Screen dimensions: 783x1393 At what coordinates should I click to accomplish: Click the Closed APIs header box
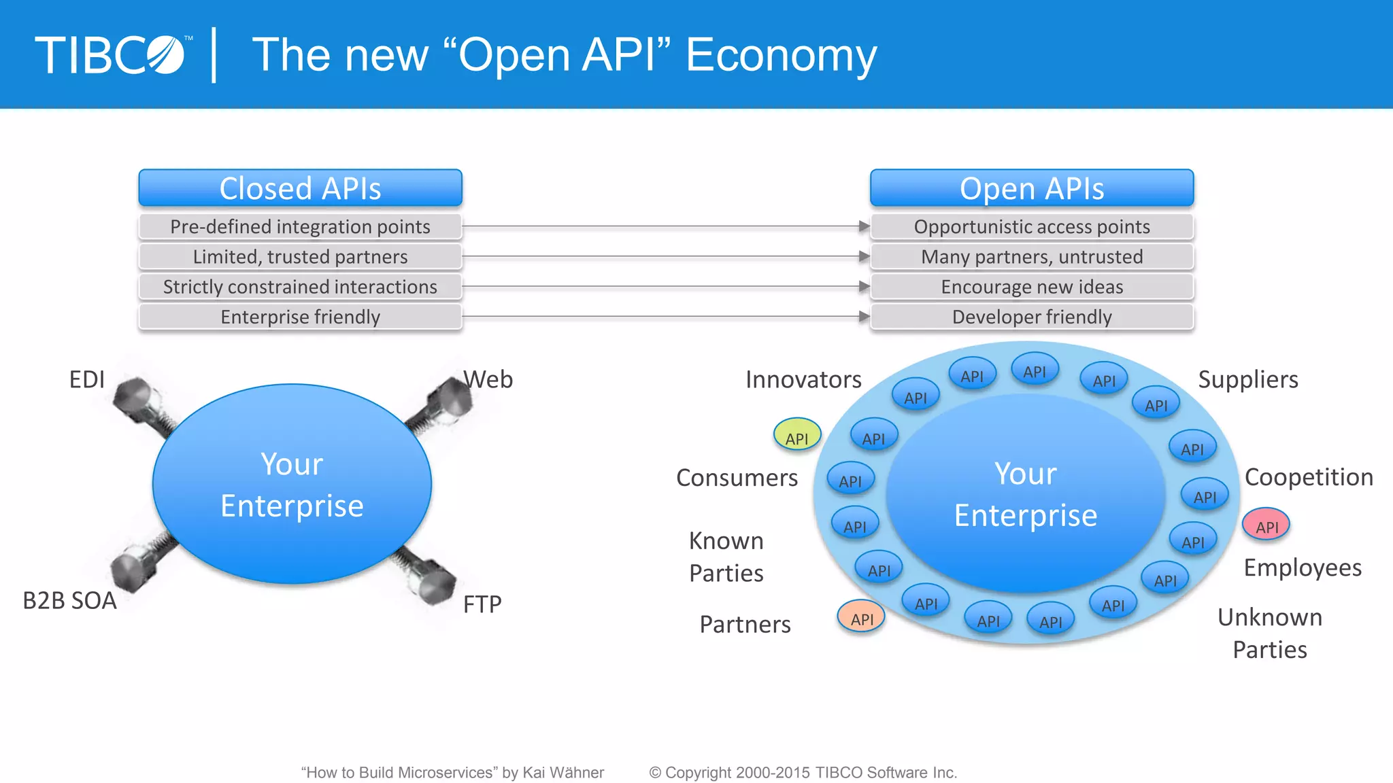[300, 188]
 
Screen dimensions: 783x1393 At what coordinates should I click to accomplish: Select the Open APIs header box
[1031, 188]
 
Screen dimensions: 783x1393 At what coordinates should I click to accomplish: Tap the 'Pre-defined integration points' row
[300, 226]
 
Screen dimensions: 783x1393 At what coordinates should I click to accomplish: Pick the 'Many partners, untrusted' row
[1031, 257]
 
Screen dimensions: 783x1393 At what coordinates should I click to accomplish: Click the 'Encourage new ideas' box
[1031, 287]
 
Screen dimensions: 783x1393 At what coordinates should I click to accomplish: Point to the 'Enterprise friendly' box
[300, 317]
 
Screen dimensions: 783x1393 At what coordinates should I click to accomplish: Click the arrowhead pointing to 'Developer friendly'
[864, 316]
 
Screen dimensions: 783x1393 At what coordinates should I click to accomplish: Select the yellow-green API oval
[796, 435]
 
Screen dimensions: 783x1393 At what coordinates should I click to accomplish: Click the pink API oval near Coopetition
[1266, 525]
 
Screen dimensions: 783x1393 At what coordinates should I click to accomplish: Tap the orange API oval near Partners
[861, 617]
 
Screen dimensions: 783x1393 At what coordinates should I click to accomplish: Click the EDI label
[87, 379]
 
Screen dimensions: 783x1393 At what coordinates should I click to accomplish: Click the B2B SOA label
[69, 601]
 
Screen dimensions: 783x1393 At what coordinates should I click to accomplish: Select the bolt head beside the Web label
[450, 399]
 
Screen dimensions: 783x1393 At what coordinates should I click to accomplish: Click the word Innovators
[803, 379]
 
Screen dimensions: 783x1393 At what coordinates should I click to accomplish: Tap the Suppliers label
[1247, 379]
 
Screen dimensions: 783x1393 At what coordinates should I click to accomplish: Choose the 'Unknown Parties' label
[1269, 633]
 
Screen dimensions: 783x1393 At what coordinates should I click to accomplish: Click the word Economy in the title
[781, 56]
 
